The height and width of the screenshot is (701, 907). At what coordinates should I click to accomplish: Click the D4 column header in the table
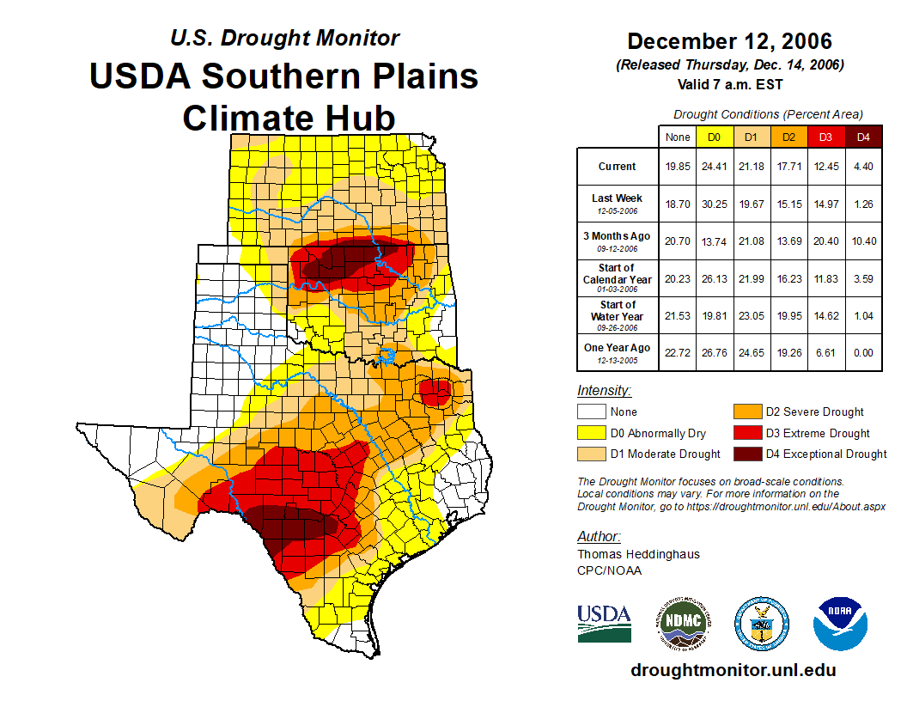click(863, 137)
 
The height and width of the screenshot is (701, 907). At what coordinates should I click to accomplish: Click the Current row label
click(618, 167)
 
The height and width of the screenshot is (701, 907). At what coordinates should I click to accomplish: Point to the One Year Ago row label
click(618, 348)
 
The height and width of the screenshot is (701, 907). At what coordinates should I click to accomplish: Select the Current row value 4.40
click(863, 167)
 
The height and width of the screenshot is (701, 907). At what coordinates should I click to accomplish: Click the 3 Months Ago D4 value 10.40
click(863, 241)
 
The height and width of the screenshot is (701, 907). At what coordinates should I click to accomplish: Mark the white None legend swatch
click(592, 412)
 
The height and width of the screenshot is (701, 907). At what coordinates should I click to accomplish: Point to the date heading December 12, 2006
click(729, 41)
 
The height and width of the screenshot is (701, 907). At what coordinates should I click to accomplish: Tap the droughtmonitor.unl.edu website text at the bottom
click(733, 670)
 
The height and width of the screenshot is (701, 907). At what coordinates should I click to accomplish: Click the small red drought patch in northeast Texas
click(435, 393)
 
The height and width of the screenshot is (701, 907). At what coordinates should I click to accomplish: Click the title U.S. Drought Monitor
click(284, 38)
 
